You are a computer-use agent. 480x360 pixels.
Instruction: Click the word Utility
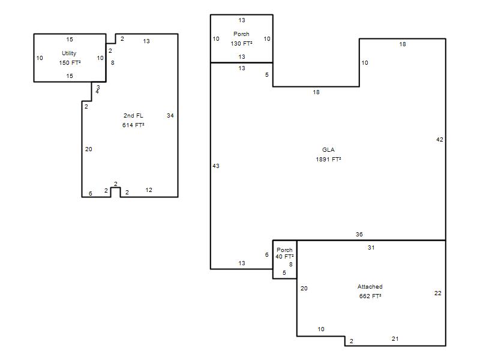69,53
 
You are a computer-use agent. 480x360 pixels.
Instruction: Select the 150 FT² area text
70,63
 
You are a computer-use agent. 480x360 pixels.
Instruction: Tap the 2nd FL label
133,115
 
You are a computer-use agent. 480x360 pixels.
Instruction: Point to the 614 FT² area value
133,125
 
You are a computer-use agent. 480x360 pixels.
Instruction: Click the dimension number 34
170,115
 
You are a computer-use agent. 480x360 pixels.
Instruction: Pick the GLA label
328,149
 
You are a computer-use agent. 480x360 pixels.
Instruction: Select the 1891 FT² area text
328,159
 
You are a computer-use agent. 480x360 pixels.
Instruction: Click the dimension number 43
216,166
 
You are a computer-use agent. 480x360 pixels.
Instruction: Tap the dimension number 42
440,140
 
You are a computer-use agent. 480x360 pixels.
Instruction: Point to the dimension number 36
359,234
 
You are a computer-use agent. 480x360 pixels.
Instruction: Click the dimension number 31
371,247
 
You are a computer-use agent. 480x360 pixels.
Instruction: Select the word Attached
370,287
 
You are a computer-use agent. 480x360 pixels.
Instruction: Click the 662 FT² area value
370,296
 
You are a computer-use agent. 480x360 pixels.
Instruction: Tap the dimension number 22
438,293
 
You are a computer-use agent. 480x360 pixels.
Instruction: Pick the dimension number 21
395,338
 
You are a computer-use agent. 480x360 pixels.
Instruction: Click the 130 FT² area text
242,43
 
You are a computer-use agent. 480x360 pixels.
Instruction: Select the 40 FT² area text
284,257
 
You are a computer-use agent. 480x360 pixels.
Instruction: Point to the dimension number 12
149,190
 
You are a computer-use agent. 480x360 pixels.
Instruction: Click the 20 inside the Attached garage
304,288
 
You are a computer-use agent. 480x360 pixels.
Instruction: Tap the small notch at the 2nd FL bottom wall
115,188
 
